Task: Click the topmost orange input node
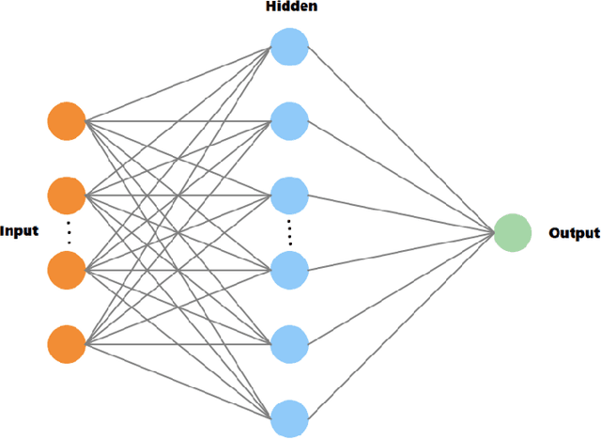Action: point(67,120)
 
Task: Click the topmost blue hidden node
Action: point(289,46)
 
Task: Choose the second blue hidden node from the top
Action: point(289,120)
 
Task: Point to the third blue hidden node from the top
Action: point(289,194)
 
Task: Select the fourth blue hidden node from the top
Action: point(289,268)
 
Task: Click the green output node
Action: point(512,232)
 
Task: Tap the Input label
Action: point(20,231)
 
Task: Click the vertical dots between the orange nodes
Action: point(67,231)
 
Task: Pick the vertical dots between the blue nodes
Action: point(289,231)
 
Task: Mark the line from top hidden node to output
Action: point(401,139)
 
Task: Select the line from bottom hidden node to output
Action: point(401,323)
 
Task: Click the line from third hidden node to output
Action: point(401,213)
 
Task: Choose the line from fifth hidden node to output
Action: point(401,287)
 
